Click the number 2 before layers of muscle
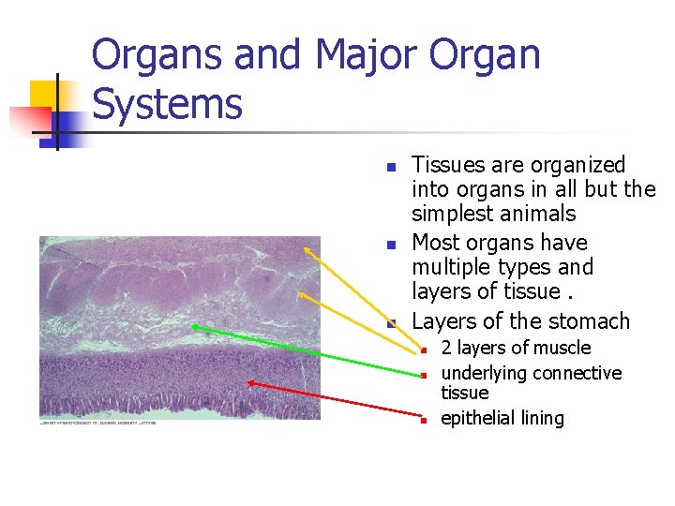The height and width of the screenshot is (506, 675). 446,348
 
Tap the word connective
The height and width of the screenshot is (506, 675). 577,373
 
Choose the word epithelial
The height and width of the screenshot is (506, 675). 477,418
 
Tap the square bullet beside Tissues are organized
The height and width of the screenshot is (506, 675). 393,168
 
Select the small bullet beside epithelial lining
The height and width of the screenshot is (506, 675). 424,421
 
